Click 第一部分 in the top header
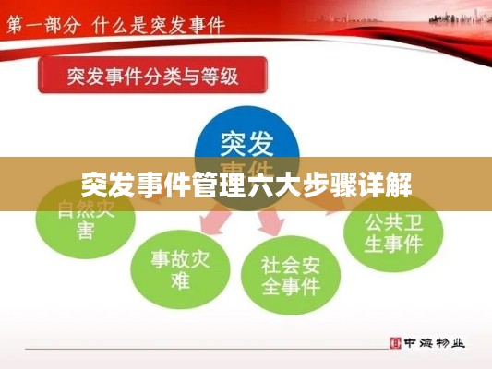[x=41, y=21]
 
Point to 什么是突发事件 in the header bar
[x=161, y=21]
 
